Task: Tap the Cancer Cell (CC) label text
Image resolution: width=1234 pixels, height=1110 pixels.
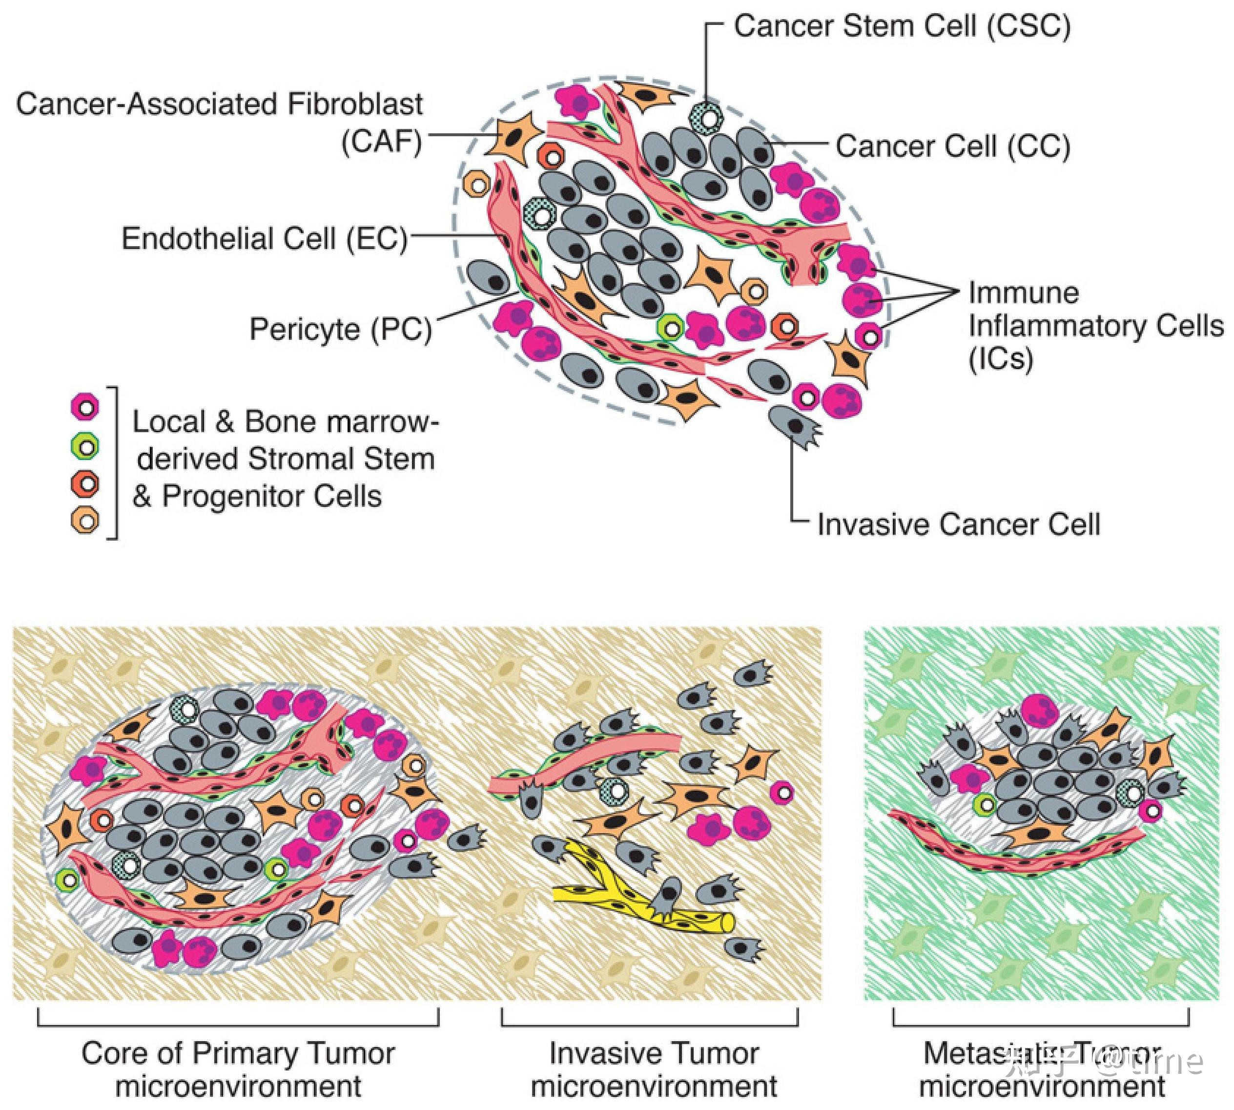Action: click(952, 147)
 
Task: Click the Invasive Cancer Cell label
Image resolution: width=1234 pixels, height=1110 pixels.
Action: click(958, 524)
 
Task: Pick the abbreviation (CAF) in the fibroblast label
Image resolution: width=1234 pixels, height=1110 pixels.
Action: click(382, 143)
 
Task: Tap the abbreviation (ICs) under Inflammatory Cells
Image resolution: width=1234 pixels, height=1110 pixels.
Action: click(1001, 359)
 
